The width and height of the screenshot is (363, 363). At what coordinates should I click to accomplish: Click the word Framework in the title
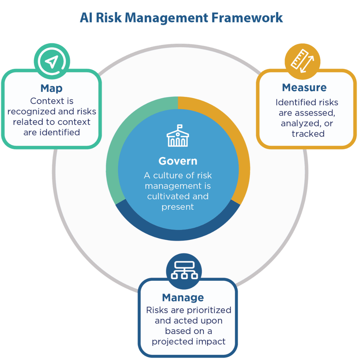tap(247, 18)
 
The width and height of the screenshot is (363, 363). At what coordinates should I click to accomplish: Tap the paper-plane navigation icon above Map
tap(52, 61)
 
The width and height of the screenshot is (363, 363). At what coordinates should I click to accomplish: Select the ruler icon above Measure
tap(302, 62)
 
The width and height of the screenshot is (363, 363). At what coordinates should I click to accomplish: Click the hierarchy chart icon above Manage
tap(184, 270)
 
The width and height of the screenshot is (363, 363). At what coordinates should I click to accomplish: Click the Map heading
tap(51, 88)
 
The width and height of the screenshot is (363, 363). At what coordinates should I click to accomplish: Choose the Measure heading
tap(304, 88)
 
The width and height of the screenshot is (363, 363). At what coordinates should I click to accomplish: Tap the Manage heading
tap(183, 298)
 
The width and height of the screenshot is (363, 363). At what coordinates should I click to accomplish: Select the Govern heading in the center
tap(178, 161)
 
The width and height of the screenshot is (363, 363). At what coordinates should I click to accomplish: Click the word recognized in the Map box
tap(31, 112)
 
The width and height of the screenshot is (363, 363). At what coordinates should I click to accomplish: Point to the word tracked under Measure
tap(308, 134)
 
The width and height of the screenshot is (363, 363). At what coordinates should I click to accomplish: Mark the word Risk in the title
tap(109, 18)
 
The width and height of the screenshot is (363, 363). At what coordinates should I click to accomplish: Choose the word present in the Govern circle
tap(178, 207)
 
